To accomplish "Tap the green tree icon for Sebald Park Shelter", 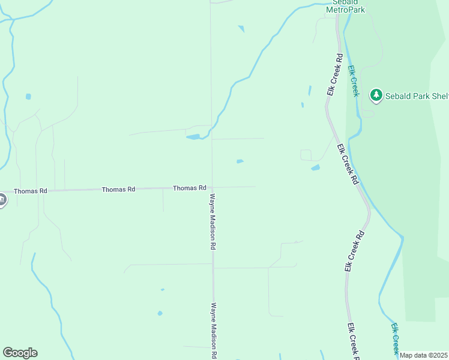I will pos(376,95).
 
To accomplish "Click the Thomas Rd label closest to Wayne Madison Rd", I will pos(190,188).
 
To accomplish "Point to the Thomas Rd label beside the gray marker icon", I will pos(31,191).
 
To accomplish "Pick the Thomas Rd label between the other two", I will pos(118,189).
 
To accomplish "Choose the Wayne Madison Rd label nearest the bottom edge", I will pos(213,329).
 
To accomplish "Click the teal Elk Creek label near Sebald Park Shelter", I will pos(354,80).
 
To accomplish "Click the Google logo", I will pos(20,353).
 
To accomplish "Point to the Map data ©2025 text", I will pos(424,355).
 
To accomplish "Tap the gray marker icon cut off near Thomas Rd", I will pos(2,200).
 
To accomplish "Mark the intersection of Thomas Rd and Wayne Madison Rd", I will pos(211,187).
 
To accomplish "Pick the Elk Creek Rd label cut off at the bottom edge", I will pos(352,341).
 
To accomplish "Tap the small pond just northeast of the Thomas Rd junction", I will pos(240,161).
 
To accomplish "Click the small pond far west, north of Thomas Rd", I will pos(28,96).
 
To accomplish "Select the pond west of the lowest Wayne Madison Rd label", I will pos(160,313).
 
